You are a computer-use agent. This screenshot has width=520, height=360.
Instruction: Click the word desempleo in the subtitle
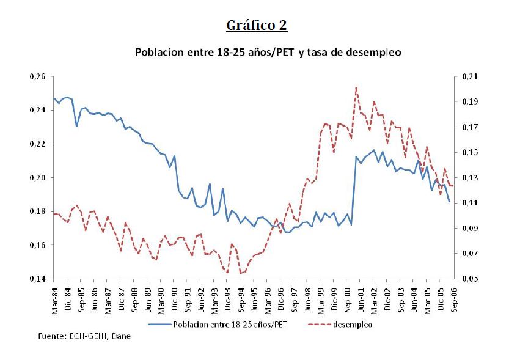coord(371,53)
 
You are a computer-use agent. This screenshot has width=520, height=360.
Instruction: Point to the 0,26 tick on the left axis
coord(37,77)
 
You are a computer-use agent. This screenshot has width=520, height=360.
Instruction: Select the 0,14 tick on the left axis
coord(37,279)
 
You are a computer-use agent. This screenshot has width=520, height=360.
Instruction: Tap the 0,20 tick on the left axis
coord(37,178)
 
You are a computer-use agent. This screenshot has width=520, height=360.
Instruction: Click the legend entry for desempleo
coord(353,325)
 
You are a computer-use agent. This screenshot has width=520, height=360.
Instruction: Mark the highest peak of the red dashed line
coord(356,87)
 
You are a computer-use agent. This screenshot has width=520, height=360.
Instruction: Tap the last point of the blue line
coord(449,202)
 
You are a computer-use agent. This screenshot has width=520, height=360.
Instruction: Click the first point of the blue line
coord(54,98)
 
